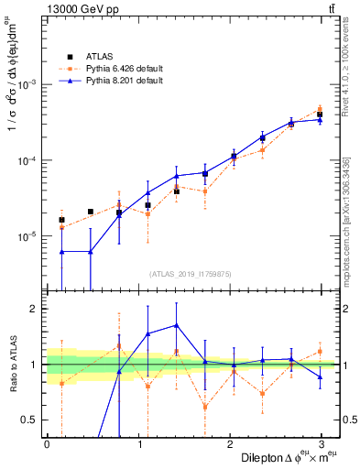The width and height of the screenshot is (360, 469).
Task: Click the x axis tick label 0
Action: click(47, 443)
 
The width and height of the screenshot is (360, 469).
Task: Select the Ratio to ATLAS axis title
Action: click(12, 366)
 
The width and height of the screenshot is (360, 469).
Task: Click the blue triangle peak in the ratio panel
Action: click(176, 325)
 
